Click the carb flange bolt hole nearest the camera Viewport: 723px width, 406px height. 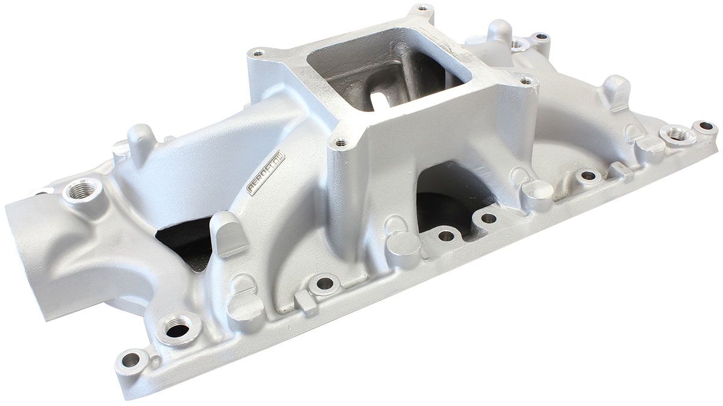pyautogui.click(x=341, y=143)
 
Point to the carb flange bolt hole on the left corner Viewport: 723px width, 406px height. pyautogui.click(x=258, y=54)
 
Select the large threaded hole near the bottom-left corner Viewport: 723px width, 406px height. pyautogui.click(x=177, y=328)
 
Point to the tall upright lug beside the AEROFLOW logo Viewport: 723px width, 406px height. pyautogui.click(x=230, y=231)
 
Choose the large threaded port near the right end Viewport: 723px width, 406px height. pyautogui.click(x=677, y=134)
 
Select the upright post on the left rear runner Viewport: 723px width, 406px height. pyautogui.click(x=140, y=142)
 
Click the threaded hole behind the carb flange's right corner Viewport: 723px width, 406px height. pyautogui.click(x=517, y=43)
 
